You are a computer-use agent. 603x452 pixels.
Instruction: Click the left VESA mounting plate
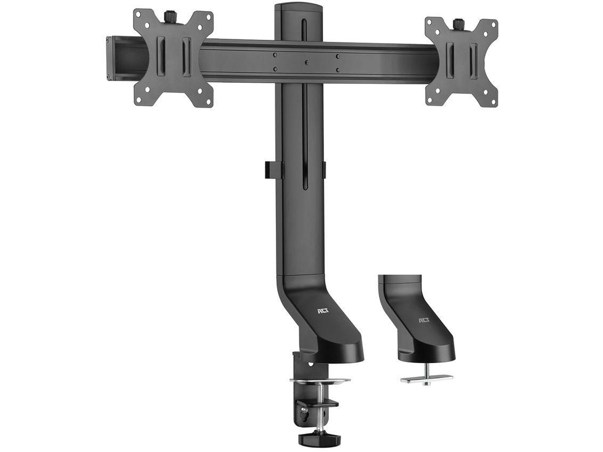click(173, 58)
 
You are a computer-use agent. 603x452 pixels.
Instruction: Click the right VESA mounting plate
click(461, 62)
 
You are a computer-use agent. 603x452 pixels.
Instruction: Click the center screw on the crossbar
click(306, 63)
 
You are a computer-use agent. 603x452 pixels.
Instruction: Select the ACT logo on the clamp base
click(323, 311)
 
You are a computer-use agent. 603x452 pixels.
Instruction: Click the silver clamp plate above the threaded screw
click(320, 381)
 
